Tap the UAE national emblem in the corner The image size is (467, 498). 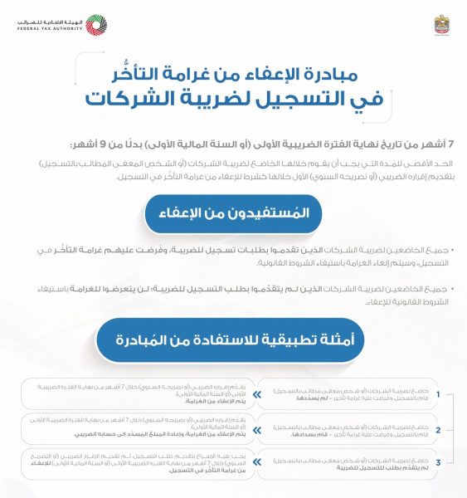coord(443,24)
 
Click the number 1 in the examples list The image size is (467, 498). coord(448,394)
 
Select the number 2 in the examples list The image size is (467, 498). coord(448,429)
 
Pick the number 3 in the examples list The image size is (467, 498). coord(448,462)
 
